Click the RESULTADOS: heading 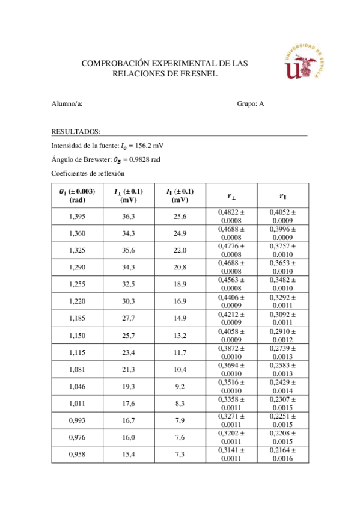76,131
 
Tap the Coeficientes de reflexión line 88,173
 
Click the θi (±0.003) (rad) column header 78,195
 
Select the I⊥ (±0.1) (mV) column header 129,195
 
